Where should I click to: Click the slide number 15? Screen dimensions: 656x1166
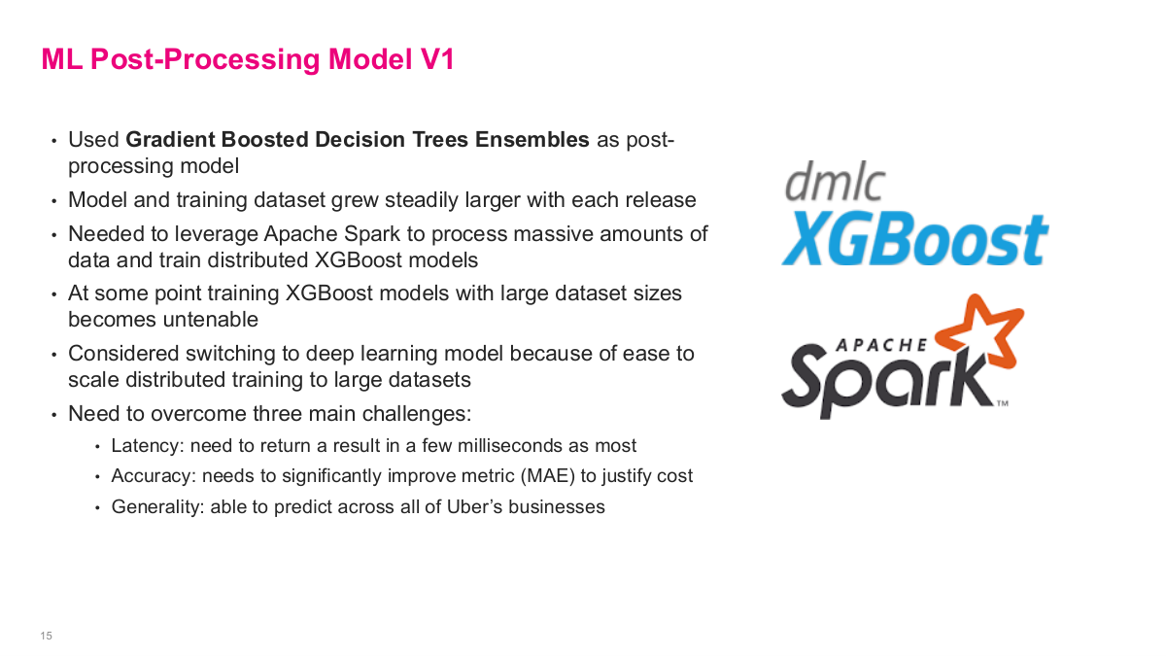pos(46,636)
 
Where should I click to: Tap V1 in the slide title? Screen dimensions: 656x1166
pos(436,59)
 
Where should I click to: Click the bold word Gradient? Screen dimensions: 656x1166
pos(170,139)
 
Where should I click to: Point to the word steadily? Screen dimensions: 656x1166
pos(425,200)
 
